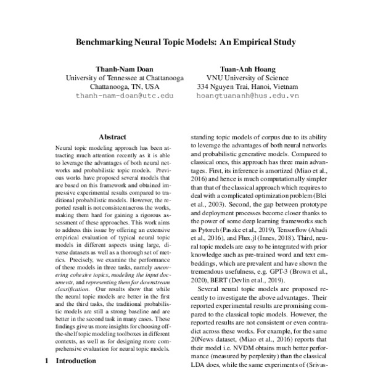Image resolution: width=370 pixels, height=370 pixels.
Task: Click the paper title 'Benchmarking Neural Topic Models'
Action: (185, 43)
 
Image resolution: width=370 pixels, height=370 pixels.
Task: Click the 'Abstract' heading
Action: (112, 137)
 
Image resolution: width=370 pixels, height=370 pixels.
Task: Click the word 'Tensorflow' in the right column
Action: (302, 226)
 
